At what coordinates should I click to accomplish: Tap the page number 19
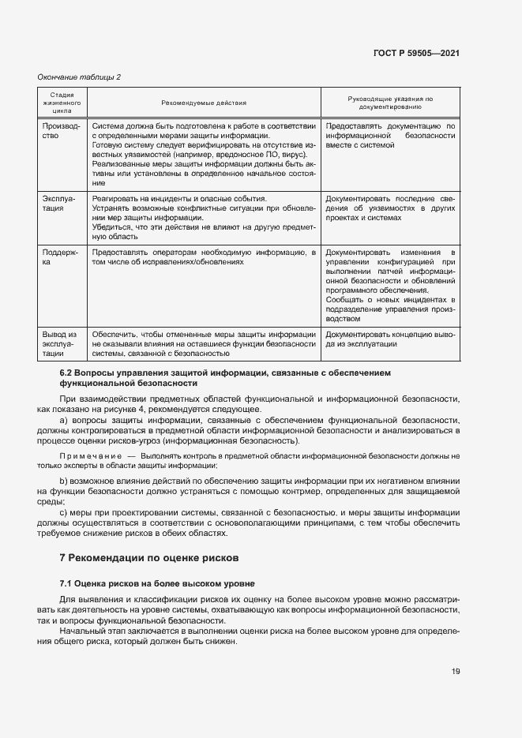[x=456, y=672]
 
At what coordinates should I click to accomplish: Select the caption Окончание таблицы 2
[x=79, y=77]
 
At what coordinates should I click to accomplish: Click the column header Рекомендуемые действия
[x=204, y=103]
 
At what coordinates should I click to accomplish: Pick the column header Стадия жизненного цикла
[x=62, y=103]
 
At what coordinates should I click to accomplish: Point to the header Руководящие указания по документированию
[x=391, y=103]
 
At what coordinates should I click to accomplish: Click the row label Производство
[x=60, y=130]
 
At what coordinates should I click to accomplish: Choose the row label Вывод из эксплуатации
[x=59, y=345]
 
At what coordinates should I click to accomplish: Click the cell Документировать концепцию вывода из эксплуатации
[x=390, y=339]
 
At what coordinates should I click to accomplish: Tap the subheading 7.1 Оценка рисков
[x=157, y=584]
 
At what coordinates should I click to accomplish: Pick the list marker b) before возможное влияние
[x=63, y=480]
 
